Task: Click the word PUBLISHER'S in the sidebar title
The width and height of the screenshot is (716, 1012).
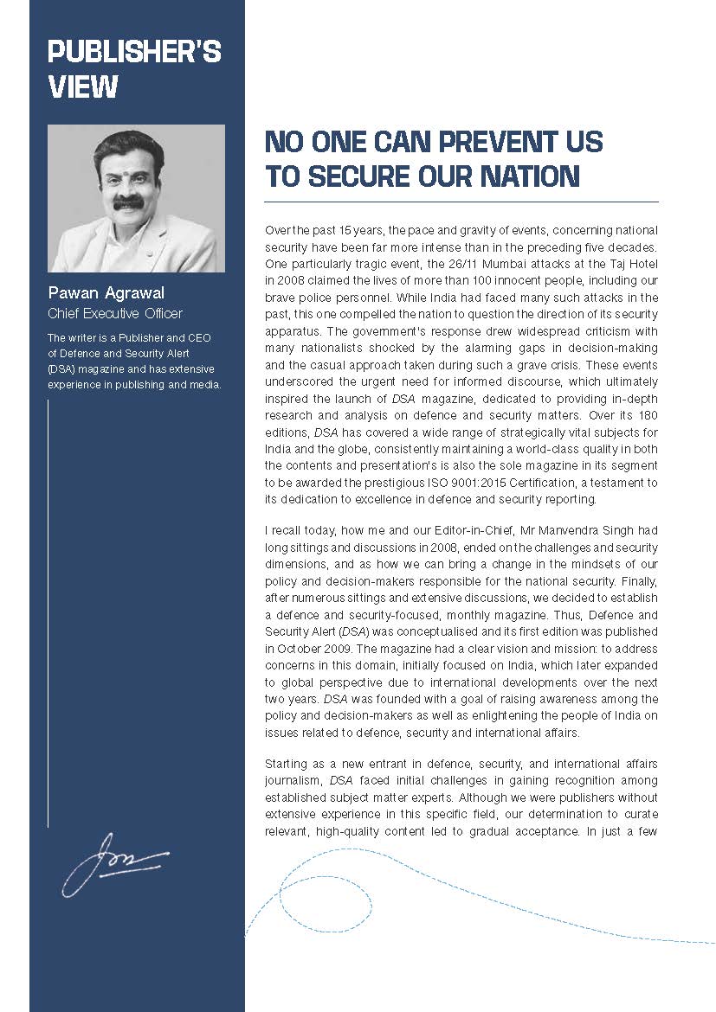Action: (134, 53)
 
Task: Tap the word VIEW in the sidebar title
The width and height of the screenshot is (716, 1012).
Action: (82, 87)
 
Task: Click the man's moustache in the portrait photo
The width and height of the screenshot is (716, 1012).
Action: (129, 201)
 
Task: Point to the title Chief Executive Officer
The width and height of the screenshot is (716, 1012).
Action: (115, 313)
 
